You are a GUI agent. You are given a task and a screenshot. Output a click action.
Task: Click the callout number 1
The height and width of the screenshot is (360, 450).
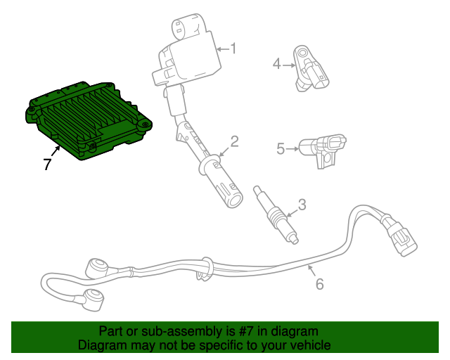click(233, 49)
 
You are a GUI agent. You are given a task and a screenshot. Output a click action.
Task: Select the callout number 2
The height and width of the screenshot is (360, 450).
click(235, 141)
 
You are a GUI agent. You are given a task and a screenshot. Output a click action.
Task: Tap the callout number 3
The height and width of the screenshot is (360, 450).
click(302, 205)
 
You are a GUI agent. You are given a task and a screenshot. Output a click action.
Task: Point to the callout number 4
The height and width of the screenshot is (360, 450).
click(277, 65)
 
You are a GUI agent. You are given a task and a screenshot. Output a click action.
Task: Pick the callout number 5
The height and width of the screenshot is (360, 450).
click(281, 148)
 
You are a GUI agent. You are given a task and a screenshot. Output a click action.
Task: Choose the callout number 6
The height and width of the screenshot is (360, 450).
click(319, 284)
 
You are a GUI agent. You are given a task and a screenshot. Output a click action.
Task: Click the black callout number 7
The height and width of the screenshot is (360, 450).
click(47, 165)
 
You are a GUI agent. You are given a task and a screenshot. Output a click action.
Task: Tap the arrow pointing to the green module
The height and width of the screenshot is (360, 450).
click(56, 149)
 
